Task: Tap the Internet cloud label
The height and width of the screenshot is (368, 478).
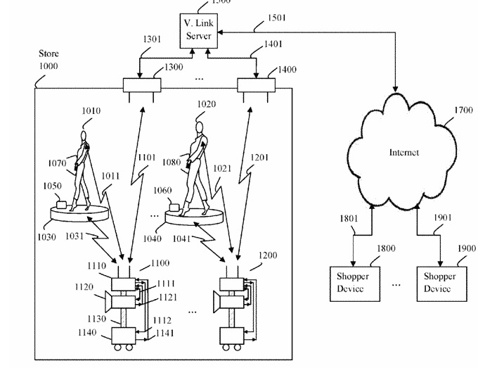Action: [x=404, y=152]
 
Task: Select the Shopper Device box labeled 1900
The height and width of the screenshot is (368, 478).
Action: [x=438, y=282]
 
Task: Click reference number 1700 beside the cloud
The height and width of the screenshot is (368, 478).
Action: [x=464, y=110]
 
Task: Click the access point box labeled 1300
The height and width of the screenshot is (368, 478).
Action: [x=142, y=86]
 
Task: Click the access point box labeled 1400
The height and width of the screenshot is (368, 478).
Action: [x=255, y=86]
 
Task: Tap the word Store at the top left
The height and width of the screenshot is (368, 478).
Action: [x=49, y=53]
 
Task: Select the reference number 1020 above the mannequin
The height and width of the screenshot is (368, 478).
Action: [x=206, y=103]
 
